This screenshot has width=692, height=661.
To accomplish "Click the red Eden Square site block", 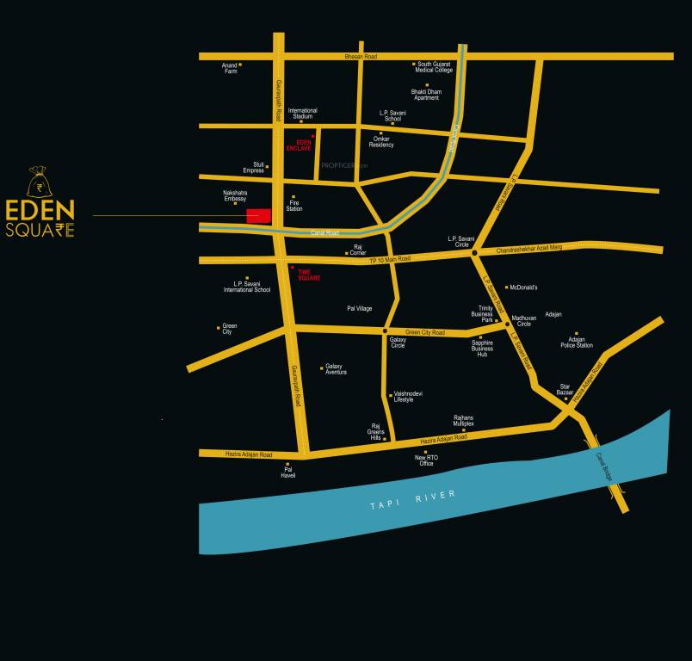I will coord(258,216).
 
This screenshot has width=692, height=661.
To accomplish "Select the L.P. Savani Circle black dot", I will coord(474,252).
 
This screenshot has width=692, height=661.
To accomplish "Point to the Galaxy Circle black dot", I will coord(385,331).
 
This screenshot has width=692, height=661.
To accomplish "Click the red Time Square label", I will coord(309,275).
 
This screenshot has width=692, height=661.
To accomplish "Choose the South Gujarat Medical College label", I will coord(435,67).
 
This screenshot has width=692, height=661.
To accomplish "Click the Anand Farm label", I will coord(230,68).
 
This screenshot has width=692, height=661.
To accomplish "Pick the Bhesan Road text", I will coord(361,56).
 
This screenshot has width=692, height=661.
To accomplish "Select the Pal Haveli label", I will coord(288,472).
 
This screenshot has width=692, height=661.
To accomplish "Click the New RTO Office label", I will coord(426,460).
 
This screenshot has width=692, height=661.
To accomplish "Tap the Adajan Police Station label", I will coord(577,343).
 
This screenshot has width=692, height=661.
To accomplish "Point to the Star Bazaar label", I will coord(565,389).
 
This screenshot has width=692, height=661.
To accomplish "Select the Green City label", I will coord(229,329).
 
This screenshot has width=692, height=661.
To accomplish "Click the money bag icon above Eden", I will coord(37,182).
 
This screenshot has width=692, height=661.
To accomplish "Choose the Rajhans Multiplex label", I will coord(464,421).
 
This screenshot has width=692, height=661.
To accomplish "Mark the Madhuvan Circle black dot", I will coord(508,323).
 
